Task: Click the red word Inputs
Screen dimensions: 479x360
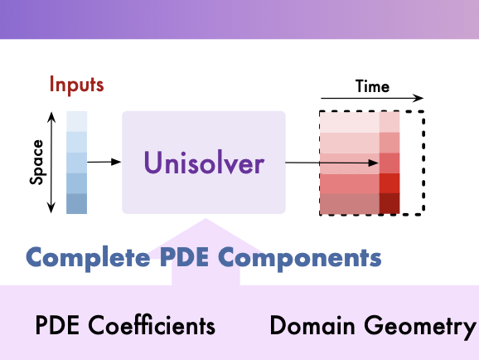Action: [77, 85]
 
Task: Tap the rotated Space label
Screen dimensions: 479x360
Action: [36, 162]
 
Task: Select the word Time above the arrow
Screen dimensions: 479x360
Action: [372, 86]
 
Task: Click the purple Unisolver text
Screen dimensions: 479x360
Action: [204, 163]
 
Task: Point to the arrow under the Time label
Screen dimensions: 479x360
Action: [372, 98]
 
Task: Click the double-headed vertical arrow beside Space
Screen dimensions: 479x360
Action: [51, 163]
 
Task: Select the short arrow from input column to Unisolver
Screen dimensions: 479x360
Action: [104, 162]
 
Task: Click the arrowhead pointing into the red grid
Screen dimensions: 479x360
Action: [373, 163]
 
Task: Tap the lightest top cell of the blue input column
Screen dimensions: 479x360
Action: [77, 121]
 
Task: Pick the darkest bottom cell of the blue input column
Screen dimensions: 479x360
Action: [77, 203]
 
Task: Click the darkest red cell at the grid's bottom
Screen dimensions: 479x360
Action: [389, 203]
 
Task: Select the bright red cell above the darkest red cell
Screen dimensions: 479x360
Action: [389, 183]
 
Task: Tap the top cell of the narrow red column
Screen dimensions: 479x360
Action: [389, 122]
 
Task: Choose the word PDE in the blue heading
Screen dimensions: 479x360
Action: [184, 257]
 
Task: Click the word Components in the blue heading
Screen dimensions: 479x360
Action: [300, 259]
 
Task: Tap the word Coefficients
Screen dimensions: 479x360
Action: [152, 325]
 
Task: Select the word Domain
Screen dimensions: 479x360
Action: [312, 325]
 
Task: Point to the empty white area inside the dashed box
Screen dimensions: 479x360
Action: [411, 163]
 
